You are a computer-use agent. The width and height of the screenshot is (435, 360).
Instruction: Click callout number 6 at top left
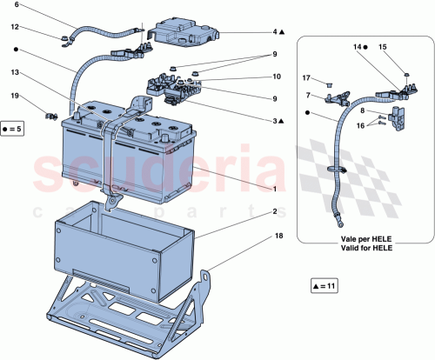click(16, 6)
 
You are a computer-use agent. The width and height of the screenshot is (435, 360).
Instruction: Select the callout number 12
click(16, 27)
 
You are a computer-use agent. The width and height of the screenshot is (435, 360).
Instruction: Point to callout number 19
click(16, 95)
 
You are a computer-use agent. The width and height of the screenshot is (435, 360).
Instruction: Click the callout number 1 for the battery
click(275, 189)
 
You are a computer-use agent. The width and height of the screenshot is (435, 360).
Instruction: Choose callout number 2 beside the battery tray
click(275, 211)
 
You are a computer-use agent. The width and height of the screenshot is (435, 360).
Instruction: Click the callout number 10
click(275, 77)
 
